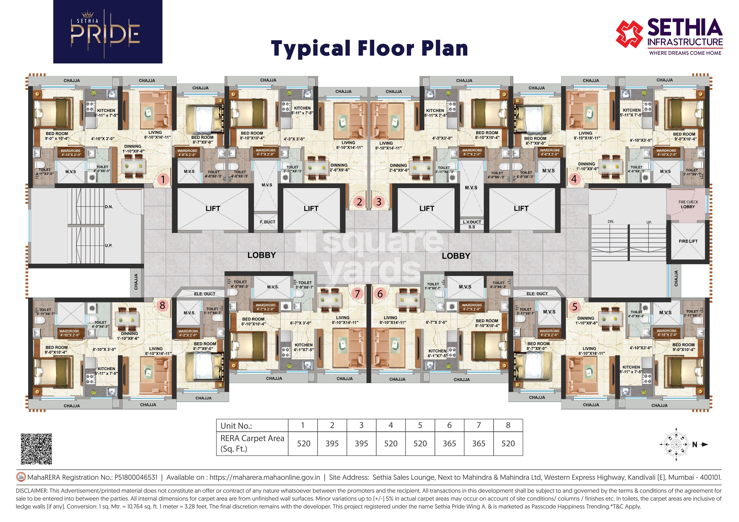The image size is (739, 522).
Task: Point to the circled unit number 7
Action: [x=357, y=294]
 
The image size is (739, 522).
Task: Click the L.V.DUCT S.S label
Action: [x=472, y=224]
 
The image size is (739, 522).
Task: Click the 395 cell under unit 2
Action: [x=332, y=444]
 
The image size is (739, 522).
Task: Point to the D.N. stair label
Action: [x=109, y=207]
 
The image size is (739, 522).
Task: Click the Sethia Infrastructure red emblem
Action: [x=630, y=34]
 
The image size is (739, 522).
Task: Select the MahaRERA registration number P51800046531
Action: [x=136, y=477]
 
